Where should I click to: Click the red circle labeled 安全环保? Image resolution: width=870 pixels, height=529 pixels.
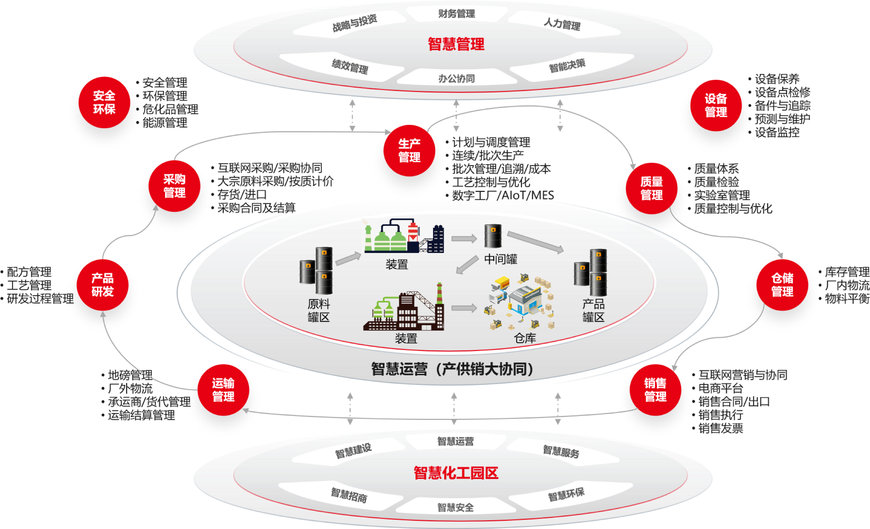[104, 102]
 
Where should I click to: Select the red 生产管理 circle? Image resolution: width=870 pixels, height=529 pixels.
[409, 151]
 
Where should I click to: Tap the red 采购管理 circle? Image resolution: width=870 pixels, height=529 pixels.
[174, 186]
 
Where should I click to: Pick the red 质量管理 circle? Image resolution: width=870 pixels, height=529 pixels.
[651, 188]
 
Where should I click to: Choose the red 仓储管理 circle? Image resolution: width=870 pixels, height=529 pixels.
[782, 285]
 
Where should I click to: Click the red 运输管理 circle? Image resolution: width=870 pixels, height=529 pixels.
[223, 390]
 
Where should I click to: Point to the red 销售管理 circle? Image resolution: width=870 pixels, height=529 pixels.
[655, 390]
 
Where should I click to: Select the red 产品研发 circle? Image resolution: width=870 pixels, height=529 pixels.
[102, 285]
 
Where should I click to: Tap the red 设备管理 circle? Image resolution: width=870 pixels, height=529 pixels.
[716, 105]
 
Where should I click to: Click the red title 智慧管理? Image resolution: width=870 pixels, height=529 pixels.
[456, 44]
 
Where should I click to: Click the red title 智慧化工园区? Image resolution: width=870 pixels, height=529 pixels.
[456, 473]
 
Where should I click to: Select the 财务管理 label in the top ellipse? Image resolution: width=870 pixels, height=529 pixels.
[456, 14]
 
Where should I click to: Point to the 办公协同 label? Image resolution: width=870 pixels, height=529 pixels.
[456, 78]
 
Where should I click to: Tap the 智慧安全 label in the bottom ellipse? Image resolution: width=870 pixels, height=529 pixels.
[456, 508]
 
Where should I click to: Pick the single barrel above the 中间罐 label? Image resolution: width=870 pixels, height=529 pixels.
[493, 236]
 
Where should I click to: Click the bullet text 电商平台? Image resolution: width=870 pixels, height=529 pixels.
[721, 388]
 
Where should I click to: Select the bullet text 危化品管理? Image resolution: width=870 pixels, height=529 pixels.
[170, 109]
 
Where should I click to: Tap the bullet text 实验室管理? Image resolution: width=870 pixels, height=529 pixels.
[722, 195]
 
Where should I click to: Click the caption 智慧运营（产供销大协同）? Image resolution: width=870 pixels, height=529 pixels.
[453, 369]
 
